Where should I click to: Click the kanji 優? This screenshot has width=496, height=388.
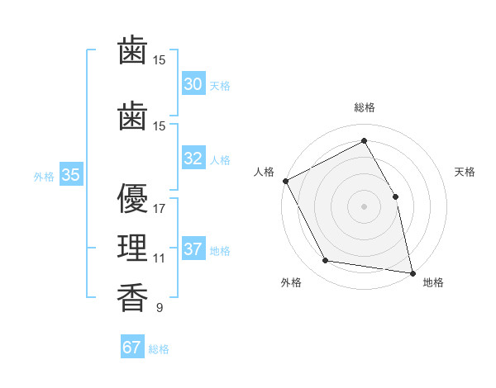pyautogui.click(x=132, y=198)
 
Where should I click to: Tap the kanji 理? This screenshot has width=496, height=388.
pyautogui.click(x=132, y=248)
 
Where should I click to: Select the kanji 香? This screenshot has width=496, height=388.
pyautogui.click(x=132, y=297)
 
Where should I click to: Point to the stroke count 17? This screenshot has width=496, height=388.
pyautogui.click(x=159, y=209)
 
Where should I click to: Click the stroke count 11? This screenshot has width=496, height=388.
pyautogui.click(x=159, y=258)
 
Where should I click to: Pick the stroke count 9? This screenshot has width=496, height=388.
pyautogui.click(x=160, y=307)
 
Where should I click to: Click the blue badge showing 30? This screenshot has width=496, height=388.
pyautogui.click(x=193, y=83)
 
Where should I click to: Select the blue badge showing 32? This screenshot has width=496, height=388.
pyautogui.click(x=193, y=158)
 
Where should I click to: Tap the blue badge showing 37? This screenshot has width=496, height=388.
pyautogui.click(x=193, y=248)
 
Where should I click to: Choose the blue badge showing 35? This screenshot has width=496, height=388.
pyautogui.click(x=71, y=174)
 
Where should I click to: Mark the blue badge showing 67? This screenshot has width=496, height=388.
pyautogui.click(x=132, y=346)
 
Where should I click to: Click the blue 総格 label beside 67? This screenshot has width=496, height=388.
pyautogui.click(x=159, y=349)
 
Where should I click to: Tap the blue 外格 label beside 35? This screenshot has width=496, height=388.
pyautogui.click(x=44, y=177)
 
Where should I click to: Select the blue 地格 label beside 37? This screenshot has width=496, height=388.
pyautogui.click(x=220, y=251)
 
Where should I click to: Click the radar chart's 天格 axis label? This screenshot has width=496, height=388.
pyautogui.click(x=465, y=172)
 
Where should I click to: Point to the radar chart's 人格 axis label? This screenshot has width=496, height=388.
pyautogui.click(x=264, y=172)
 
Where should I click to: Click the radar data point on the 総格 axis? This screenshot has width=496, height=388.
pyautogui.click(x=364, y=140)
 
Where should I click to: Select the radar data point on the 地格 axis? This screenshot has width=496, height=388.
pyautogui.click(x=413, y=273)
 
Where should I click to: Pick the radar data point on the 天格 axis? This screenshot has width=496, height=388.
pyautogui.click(x=395, y=196)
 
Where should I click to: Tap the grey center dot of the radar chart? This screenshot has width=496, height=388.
pyautogui.click(x=364, y=206)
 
